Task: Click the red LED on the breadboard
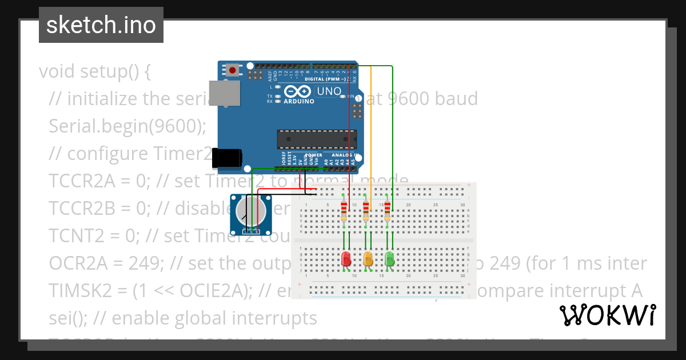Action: coord(346,259)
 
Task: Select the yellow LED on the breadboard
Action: coord(368,259)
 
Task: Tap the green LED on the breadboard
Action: coord(390,259)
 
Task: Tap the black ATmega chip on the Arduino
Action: coord(317,139)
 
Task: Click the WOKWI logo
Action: coord(608,315)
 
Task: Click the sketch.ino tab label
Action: coord(101,25)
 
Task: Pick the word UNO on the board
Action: coord(329,91)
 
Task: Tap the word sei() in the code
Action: coord(65,318)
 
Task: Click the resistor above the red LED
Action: coord(344,210)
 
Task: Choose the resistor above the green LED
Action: coord(388,210)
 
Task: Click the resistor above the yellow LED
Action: coord(366,210)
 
